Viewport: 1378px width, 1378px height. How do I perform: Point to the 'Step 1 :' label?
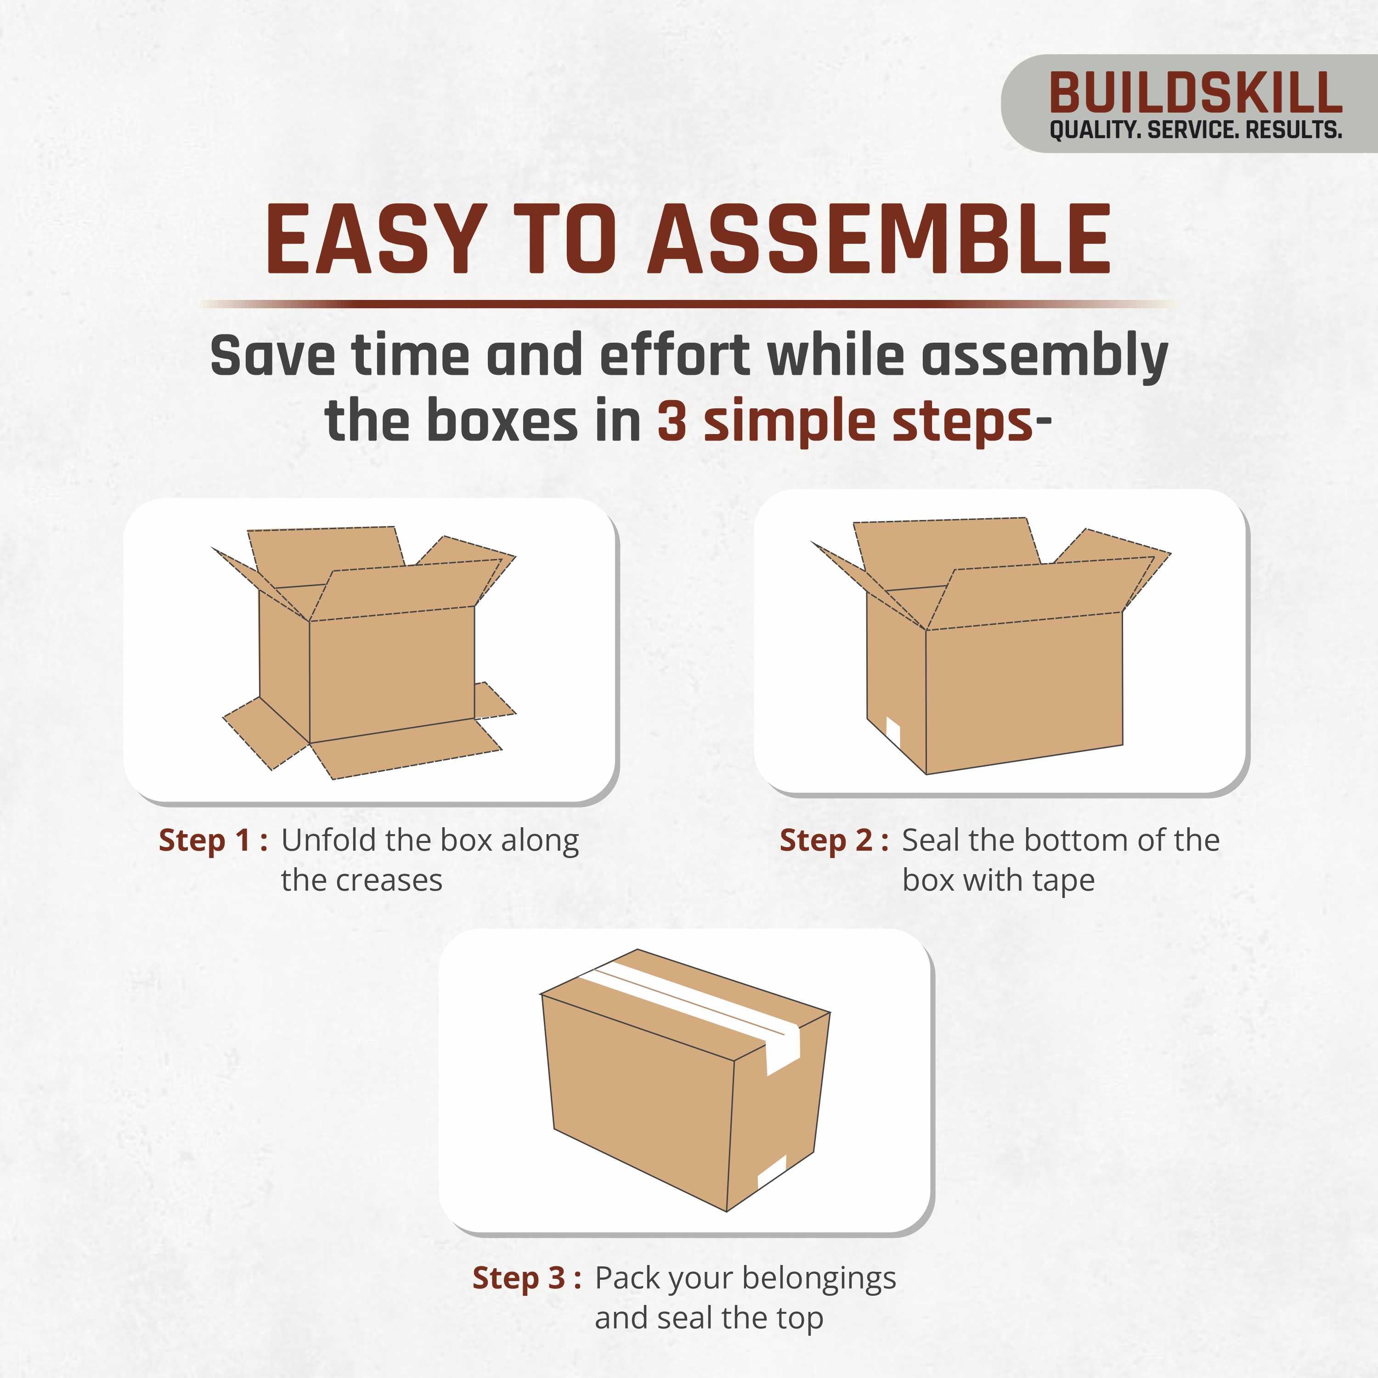click(x=213, y=840)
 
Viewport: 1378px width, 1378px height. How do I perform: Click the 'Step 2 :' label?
click(x=834, y=840)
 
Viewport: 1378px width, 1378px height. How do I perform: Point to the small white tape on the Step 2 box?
click(x=893, y=733)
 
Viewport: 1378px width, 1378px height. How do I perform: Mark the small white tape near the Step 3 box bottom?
click(x=771, y=1171)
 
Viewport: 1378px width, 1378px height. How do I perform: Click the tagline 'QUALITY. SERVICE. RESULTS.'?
click(x=1195, y=130)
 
